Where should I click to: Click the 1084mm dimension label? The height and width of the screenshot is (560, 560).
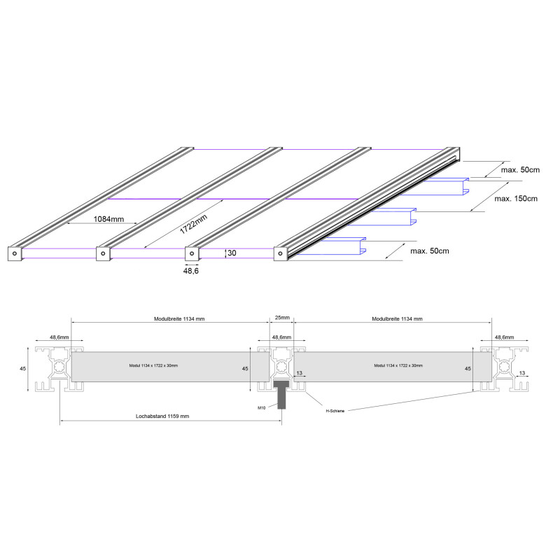point(108,219)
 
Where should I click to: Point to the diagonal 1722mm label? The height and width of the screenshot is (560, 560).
point(193,224)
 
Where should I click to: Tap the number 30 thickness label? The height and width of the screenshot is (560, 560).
point(232,253)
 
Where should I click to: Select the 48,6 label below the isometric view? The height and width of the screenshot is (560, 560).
point(190,271)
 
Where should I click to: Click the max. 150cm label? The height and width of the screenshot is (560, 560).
point(516,199)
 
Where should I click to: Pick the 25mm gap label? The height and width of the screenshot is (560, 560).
point(282,317)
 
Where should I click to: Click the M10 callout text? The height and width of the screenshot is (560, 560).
point(261,408)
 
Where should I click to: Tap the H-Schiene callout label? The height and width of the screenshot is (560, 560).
point(335,411)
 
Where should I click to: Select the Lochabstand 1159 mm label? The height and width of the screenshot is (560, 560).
point(162,416)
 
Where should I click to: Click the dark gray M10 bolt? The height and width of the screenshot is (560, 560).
point(282,394)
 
